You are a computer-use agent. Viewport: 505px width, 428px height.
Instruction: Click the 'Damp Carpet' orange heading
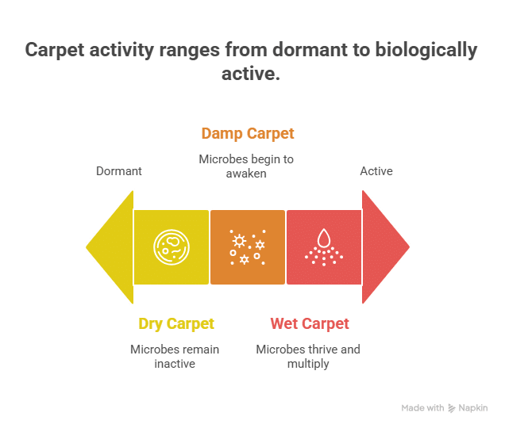247,133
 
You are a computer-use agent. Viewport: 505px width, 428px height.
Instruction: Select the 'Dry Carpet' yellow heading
175,323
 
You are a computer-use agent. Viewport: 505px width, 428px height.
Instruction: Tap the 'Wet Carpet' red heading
309,323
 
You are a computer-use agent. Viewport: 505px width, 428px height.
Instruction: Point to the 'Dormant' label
118,170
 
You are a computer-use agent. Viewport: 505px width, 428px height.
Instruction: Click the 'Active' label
376,170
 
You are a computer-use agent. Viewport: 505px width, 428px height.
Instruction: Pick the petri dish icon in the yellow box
171,246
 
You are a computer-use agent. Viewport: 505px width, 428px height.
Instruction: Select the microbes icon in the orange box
247,246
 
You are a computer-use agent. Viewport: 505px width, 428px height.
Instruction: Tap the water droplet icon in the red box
323,246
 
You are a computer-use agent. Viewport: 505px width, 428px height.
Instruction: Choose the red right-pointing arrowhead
385,246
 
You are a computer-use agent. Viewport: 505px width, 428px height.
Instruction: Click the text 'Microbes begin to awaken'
246,166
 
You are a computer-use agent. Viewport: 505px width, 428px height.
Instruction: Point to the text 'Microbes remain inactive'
175,356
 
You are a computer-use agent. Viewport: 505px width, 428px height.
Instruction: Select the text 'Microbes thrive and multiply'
307,356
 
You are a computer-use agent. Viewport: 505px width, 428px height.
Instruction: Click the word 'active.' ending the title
252,74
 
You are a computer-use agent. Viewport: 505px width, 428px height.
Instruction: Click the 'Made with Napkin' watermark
444,407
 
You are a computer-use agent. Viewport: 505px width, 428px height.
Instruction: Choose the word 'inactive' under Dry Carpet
175,363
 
